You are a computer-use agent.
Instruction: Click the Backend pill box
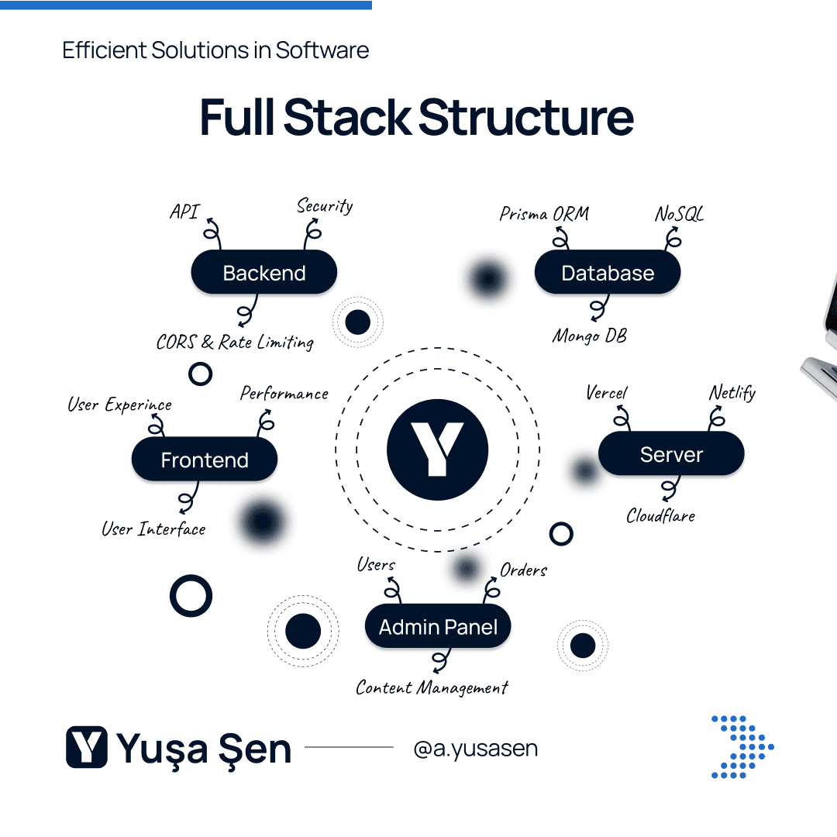(263, 273)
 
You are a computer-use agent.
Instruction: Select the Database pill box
(608, 273)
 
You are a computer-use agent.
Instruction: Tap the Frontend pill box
(205, 460)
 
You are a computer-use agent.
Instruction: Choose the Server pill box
(671, 454)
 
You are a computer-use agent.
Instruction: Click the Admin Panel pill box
(438, 627)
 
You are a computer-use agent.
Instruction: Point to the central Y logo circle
(437, 449)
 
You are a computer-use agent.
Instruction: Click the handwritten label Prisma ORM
(544, 214)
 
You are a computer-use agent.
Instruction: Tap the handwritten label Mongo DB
(590, 336)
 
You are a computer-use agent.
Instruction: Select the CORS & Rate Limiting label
(235, 342)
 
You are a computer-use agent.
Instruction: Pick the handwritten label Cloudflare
(661, 515)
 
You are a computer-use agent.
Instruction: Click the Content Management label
(432, 687)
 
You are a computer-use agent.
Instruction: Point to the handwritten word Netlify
(732, 393)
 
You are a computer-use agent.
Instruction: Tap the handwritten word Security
(325, 206)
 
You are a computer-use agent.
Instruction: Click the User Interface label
(154, 529)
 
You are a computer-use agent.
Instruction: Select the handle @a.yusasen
(476, 749)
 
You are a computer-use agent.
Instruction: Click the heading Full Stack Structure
(417, 117)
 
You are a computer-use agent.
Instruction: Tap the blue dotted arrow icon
(742, 746)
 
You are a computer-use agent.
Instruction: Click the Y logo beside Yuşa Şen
(87, 747)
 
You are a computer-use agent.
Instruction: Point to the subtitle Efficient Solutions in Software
(215, 50)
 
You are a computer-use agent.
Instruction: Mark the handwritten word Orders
(524, 570)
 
